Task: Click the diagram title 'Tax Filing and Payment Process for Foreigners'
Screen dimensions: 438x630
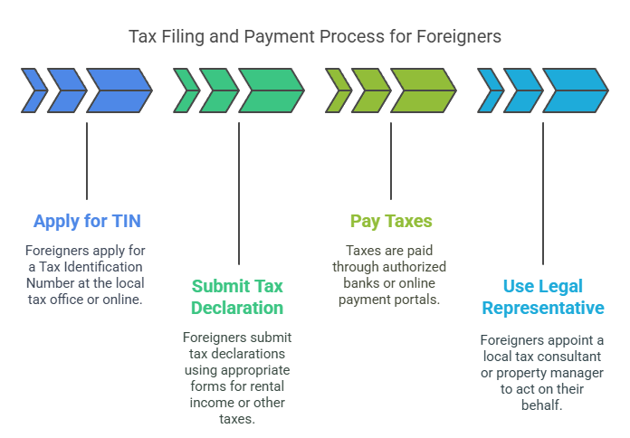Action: click(x=314, y=37)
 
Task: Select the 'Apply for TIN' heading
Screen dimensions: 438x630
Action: click(x=87, y=221)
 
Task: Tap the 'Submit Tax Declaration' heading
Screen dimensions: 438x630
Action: click(x=238, y=296)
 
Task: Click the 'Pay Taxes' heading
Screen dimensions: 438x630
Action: click(x=391, y=221)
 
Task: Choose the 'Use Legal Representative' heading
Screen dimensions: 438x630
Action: click(x=542, y=296)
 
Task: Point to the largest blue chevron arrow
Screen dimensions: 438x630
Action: click(x=119, y=90)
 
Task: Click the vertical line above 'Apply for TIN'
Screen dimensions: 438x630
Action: click(x=87, y=160)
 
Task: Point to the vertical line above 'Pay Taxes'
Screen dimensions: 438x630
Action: click(x=391, y=160)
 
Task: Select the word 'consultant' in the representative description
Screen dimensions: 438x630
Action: click(x=575, y=357)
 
